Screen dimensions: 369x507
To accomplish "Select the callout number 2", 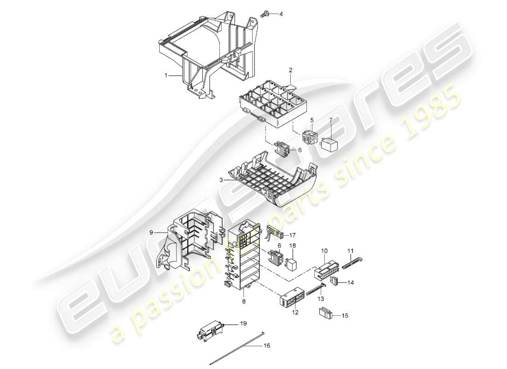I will [x=291, y=70].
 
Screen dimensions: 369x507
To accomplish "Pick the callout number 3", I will [x=222, y=180].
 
